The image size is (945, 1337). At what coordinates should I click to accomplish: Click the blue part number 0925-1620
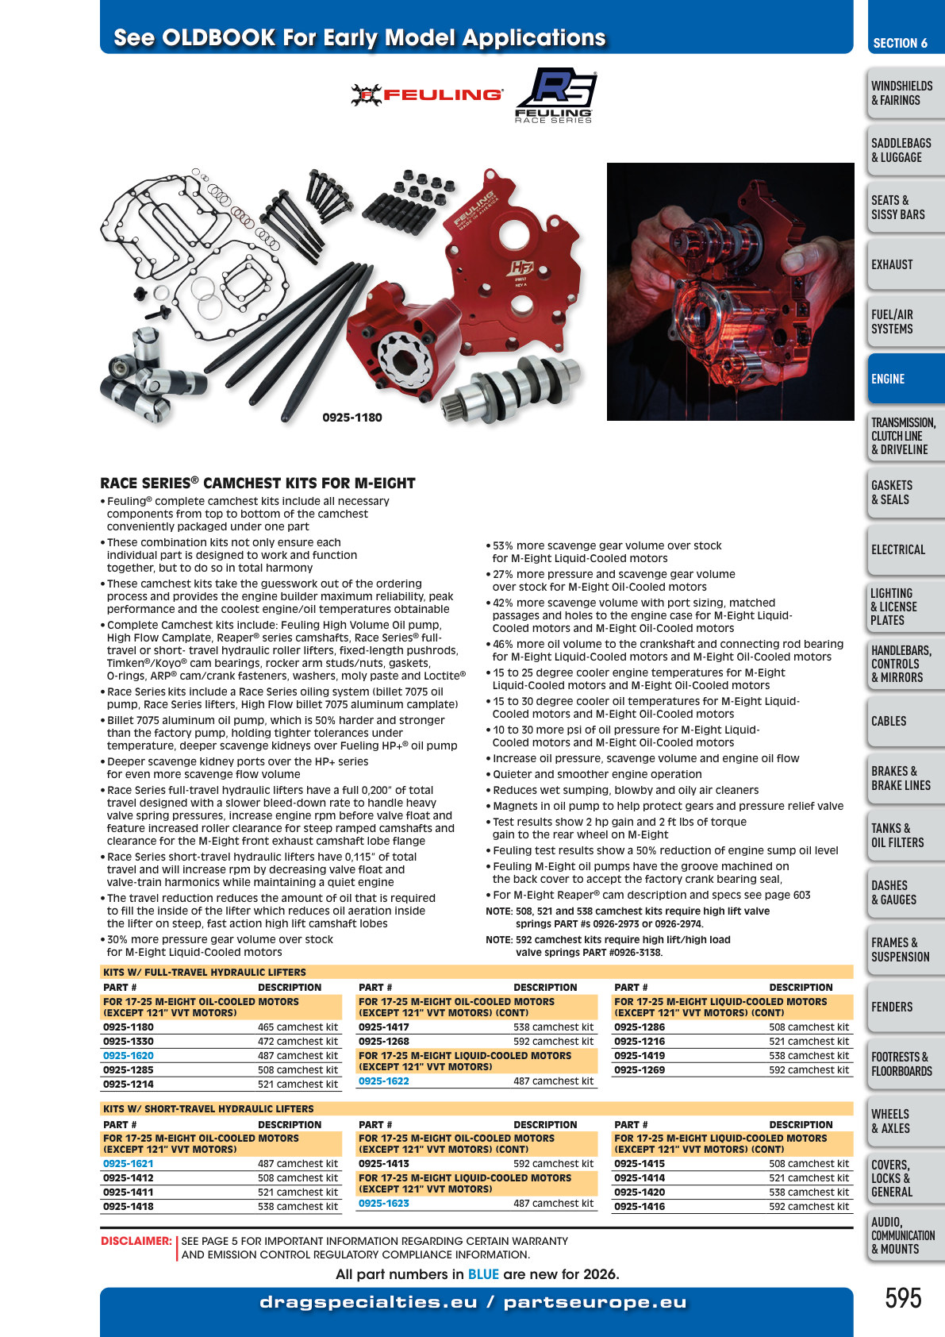click(x=129, y=1055)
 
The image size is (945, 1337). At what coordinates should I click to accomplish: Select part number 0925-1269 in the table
click(x=640, y=1069)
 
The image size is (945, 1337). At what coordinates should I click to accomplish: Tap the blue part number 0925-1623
click(x=383, y=1204)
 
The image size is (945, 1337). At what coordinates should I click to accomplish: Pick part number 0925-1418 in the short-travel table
click(x=129, y=1206)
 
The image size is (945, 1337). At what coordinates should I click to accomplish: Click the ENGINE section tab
click(x=905, y=379)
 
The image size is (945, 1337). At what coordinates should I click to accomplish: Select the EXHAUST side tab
click(x=905, y=264)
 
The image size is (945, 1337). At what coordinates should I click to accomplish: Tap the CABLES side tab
click(x=905, y=721)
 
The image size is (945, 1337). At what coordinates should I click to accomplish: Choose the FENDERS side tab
click(x=905, y=1007)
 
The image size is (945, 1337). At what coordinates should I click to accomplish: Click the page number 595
click(x=903, y=1298)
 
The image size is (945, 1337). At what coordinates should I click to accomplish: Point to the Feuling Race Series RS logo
click(x=555, y=95)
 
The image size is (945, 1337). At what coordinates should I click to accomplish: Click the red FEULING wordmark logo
click(x=427, y=95)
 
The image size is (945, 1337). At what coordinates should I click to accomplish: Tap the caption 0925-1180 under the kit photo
click(x=352, y=418)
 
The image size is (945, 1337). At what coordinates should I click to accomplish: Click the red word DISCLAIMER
click(x=136, y=1241)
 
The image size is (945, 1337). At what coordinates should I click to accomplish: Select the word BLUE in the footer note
click(x=483, y=1274)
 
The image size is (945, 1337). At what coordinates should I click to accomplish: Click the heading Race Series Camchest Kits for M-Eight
click(x=258, y=483)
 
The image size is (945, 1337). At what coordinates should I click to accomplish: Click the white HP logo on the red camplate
click(x=521, y=268)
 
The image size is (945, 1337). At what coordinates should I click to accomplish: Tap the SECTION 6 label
click(x=901, y=43)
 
